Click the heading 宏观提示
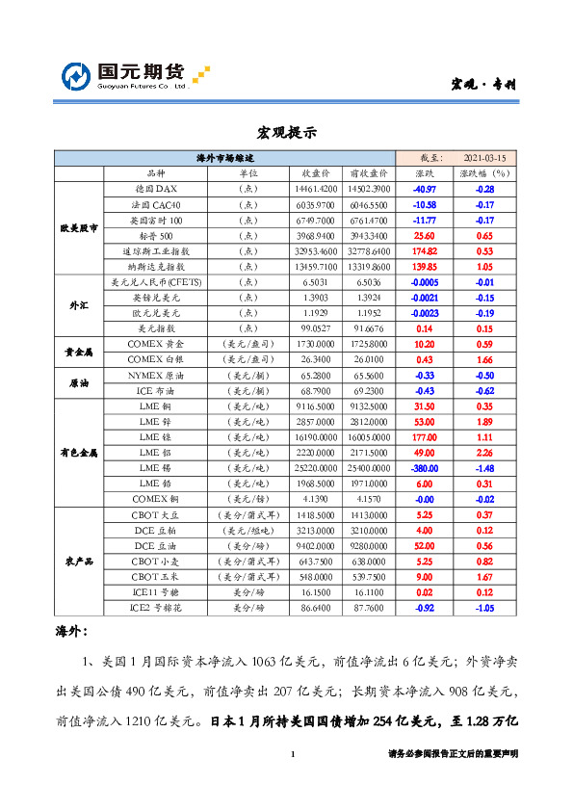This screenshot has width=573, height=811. [286, 132]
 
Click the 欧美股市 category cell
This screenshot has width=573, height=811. [78, 227]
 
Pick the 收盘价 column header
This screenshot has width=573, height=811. [318, 172]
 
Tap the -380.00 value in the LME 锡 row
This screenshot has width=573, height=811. [424, 467]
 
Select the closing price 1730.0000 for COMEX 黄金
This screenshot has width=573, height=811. [318, 344]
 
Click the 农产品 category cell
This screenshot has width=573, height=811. [78, 561]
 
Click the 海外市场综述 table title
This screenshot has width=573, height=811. [224, 157]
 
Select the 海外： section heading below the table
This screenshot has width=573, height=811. [73, 632]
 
